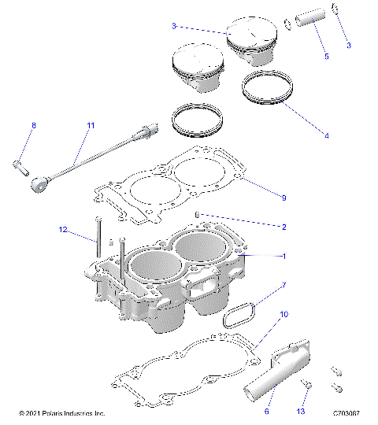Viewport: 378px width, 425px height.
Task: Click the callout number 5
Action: click(326, 57)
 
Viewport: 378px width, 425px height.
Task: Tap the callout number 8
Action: click(33, 126)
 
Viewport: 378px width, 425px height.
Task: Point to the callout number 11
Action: click(91, 126)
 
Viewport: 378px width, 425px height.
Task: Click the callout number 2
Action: click(283, 227)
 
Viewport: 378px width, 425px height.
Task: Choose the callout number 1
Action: click(283, 256)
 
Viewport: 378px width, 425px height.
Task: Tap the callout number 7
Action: click(283, 285)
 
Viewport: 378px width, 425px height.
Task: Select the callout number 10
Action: click(283, 314)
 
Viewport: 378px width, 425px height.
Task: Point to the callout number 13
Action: click(300, 410)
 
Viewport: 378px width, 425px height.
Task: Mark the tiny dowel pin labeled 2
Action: click(198, 214)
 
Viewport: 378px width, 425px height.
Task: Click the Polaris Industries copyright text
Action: click(61, 413)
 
